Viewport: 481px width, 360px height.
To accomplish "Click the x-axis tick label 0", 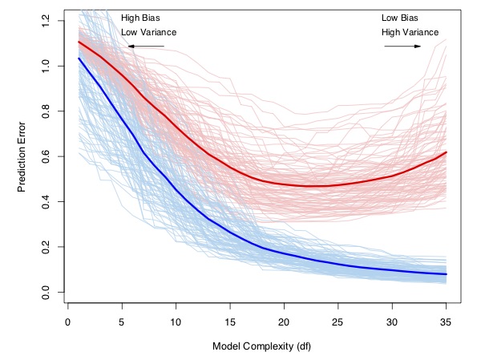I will click(67, 322).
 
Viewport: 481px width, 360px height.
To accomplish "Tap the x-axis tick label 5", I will click(122, 322).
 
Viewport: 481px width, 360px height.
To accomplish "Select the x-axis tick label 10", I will click(176, 322).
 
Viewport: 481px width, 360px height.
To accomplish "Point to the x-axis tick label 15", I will click(230, 322).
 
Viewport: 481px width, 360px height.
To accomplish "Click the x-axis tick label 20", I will click(284, 322).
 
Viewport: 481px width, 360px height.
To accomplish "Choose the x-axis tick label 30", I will click(392, 322).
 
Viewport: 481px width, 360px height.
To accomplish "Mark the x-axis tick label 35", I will click(446, 322).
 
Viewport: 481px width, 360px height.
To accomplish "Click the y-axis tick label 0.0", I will click(46, 291).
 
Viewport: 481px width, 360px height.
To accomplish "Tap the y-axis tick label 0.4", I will click(46, 200).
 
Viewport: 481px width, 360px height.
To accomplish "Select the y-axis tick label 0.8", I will click(46, 110).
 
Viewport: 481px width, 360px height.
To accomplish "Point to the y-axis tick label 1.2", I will click(46, 20).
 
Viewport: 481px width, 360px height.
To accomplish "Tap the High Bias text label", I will click(140, 17).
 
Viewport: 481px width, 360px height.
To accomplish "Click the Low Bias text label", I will click(399, 17).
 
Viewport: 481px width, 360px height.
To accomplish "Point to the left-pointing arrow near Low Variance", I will click(145, 47).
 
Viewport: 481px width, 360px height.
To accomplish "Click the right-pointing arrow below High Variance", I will click(403, 47).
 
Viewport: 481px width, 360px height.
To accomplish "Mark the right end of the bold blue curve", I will click(446, 274).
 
